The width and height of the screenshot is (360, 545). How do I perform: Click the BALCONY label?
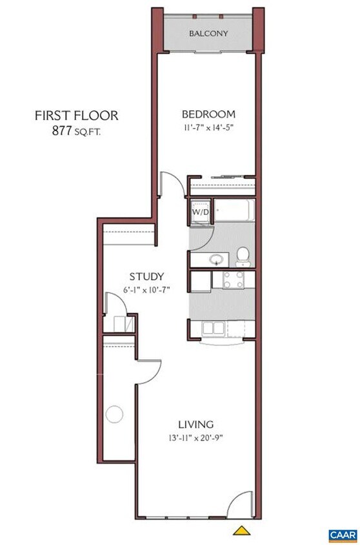pos(208,33)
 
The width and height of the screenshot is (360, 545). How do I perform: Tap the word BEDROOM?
pos(208,114)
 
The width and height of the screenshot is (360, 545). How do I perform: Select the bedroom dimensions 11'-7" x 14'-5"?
pos(208,127)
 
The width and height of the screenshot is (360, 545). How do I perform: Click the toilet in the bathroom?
pos(243,256)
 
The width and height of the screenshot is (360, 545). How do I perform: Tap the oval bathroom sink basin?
pos(216,260)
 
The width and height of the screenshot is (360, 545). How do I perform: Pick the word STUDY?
pos(146,276)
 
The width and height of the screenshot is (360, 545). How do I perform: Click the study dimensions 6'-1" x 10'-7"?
pos(146,289)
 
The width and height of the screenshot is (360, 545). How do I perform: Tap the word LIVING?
pos(195,424)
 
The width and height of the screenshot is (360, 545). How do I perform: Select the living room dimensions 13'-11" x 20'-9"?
pos(195,437)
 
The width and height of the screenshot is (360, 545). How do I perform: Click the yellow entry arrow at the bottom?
pos(241,531)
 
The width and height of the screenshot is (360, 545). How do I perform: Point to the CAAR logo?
pos(343,535)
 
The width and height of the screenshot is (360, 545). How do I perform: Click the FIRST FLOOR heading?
pos(76,116)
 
